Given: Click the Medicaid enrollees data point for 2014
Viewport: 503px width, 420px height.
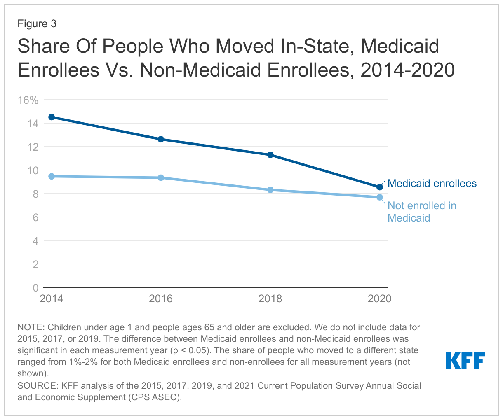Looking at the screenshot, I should tap(52, 117).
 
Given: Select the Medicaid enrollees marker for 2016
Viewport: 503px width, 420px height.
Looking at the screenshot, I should tap(161, 139).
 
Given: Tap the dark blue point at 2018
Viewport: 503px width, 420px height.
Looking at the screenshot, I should tap(270, 155).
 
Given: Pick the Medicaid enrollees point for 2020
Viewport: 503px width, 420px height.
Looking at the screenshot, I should tap(380, 187).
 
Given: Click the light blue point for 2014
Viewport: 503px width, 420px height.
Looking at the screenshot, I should tap(52, 176).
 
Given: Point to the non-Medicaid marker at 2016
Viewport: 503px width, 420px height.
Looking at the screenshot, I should tap(161, 177).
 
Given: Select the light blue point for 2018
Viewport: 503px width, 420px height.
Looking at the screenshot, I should tap(270, 190).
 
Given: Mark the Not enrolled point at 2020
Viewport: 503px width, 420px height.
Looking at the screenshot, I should tap(380, 197).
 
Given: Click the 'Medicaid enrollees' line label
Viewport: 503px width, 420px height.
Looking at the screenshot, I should tap(432, 183).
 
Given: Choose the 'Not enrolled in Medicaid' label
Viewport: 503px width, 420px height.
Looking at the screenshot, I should tap(422, 212).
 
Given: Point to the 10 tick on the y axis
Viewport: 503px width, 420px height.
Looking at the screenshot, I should tap(33, 170).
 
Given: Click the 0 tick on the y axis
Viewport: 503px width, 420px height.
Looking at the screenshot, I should tap(36, 287).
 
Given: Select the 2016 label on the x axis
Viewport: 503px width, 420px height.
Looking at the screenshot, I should tap(161, 299).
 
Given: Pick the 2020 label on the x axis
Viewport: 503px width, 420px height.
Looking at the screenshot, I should tap(379, 299).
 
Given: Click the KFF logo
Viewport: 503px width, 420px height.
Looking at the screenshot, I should tap(465, 361).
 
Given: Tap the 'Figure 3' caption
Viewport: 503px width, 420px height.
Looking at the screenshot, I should tap(37, 24).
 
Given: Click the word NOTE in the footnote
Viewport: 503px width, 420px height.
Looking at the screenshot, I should tap(30, 327).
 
